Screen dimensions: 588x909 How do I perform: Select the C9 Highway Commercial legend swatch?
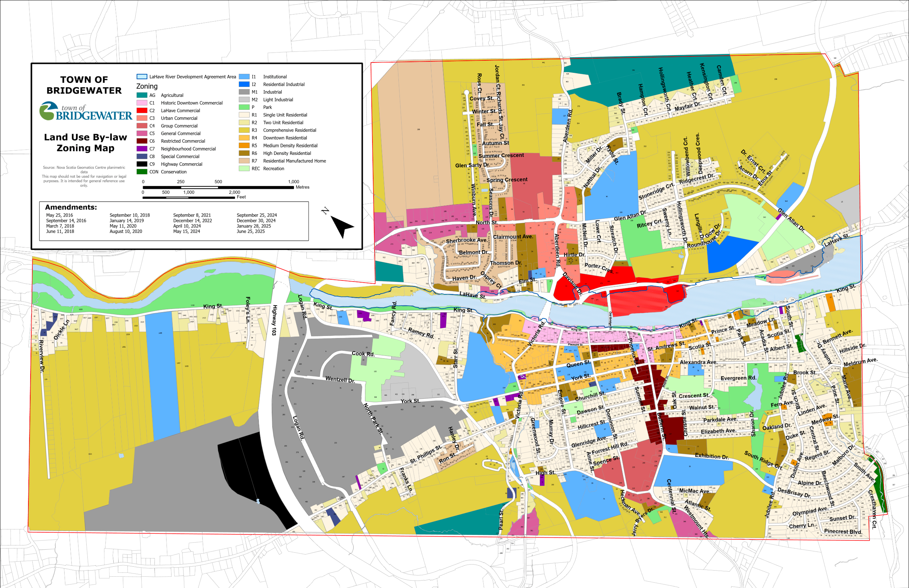click(142, 164)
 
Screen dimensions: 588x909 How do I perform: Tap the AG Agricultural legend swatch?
click(142, 95)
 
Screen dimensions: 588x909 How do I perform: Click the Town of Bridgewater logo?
click(86, 111)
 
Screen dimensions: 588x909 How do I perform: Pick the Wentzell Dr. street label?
click(340, 380)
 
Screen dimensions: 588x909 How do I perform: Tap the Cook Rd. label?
click(363, 354)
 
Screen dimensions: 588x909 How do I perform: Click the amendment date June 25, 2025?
click(250, 232)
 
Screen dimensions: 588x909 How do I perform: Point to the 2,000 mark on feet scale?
click(234, 192)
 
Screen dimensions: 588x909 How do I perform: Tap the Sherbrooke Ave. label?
click(466, 240)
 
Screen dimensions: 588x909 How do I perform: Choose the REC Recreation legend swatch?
click(244, 168)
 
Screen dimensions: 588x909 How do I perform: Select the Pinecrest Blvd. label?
click(843, 531)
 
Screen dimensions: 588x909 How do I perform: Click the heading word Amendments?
click(71, 207)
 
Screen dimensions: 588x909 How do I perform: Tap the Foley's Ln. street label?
click(248, 310)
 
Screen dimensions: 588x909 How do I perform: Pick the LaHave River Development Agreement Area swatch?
click(142, 77)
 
